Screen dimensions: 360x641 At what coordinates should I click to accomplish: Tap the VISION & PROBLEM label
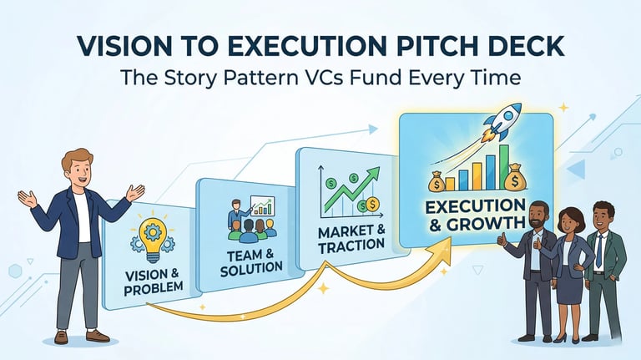point(154,282)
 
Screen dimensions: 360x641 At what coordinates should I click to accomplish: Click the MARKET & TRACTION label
point(351,236)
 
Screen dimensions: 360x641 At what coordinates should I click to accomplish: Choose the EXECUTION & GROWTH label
point(473,215)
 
